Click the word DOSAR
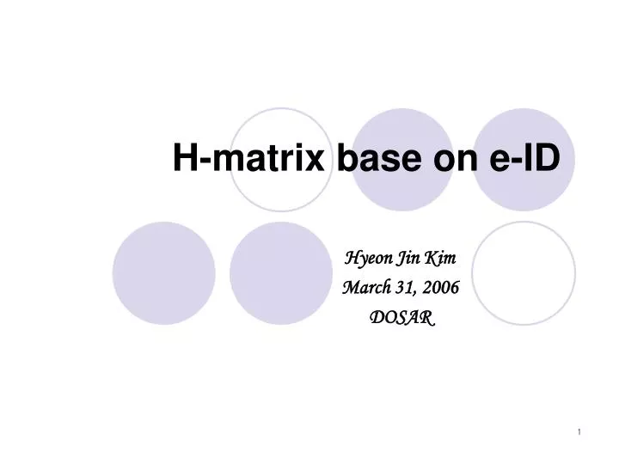point(401,317)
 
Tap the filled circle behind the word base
point(402,129)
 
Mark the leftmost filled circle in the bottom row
point(162,273)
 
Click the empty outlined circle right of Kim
point(523,273)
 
